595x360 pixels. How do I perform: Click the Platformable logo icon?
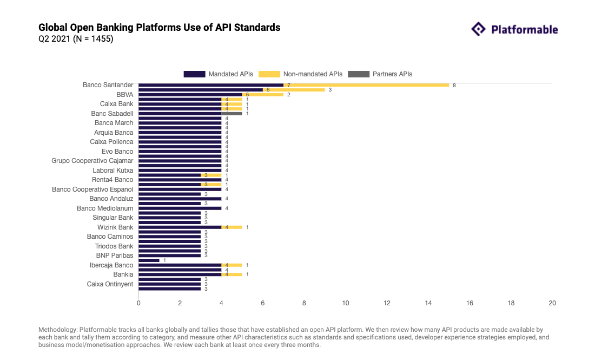(479, 29)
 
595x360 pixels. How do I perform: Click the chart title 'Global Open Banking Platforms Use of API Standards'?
(160, 27)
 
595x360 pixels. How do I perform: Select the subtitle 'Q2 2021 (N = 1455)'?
(76, 39)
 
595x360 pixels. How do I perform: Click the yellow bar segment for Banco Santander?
(366, 85)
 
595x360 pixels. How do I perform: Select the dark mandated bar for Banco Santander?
(211, 85)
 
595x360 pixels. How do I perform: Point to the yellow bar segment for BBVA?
(262, 95)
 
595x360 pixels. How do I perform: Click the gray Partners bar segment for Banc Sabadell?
(232, 114)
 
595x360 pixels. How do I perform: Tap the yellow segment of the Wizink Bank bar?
(232, 227)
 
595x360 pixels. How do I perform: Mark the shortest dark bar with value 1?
(149, 260)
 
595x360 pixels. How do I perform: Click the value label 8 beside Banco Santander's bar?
(454, 86)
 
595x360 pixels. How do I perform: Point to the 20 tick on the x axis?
(552, 303)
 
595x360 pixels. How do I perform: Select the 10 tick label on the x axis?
(345, 303)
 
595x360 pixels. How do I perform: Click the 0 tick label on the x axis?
(138, 303)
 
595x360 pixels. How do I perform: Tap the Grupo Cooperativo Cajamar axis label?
(92, 161)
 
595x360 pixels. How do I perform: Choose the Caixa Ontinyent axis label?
(110, 284)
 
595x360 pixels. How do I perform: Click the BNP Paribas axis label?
(115, 256)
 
